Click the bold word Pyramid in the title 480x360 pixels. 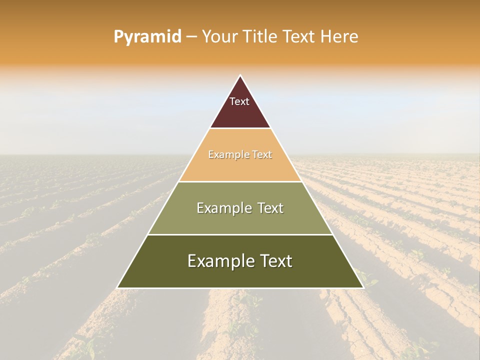[x=147, y=37]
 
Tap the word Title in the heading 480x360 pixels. [x=259, y=37]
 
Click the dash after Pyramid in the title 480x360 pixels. [x=191, y=37]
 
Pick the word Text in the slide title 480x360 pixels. [x=300, y=37]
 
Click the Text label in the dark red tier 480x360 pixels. [x=239, y=101]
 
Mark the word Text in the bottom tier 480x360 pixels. [x=275, y=261]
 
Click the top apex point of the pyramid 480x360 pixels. [x=240, y=75]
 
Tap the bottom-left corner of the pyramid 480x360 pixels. [x=117, y=288]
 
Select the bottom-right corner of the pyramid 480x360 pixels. [x=363, y=288]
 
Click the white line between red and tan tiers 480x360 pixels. [x=240, y=128]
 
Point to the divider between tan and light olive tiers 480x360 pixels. [x=240, y=181]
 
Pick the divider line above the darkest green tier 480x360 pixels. [x=240, y=234]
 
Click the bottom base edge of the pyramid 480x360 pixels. [x=240, y=288]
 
